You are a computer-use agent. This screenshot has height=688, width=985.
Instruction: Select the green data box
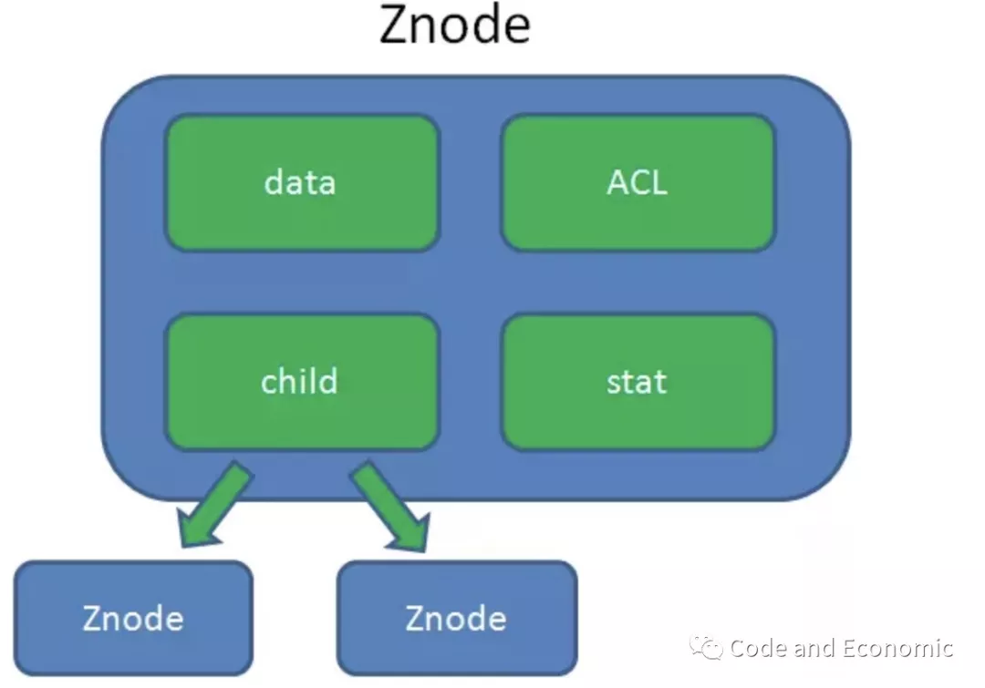tap(302, 182)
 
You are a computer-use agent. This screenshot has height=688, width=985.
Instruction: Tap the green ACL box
tap(638, 182)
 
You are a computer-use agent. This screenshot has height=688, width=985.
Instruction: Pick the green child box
tap(302, 381)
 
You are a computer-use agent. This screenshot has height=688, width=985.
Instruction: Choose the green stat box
tap(638, 381)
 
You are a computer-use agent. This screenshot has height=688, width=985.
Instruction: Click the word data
tap(300, 182)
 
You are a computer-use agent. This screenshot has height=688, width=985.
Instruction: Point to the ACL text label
tap(638, 182)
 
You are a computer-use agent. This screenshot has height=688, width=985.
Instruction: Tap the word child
tap(299, 380)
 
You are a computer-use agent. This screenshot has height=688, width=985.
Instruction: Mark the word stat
tap(637, 381)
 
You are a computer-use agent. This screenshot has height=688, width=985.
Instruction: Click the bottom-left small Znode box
tap(133, 618)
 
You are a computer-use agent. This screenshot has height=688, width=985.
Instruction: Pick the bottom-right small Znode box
tap(456, 618)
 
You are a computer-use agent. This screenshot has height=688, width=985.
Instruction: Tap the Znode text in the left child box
tap(133, 619)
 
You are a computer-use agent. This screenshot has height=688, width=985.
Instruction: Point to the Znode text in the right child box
tap(456, 619)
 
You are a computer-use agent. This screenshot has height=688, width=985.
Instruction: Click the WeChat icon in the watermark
tap(708, 648)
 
